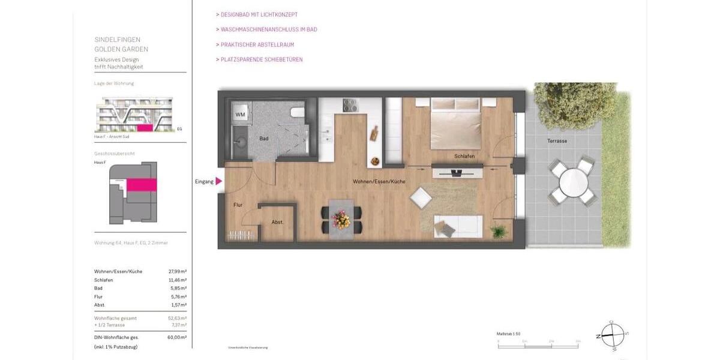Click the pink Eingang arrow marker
tap(219, 181)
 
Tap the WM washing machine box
tap(240, 114)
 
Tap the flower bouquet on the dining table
tap(342, 218)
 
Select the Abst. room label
tap(277, 223)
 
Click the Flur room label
tap(238, 205)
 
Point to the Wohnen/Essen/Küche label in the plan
tap(379, 181)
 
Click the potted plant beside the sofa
tap(497, 231)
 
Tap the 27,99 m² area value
tap(176, 272)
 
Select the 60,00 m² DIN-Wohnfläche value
tap(176, 338)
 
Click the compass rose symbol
tap(612, 335)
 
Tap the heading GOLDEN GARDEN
tap(121, 49)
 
